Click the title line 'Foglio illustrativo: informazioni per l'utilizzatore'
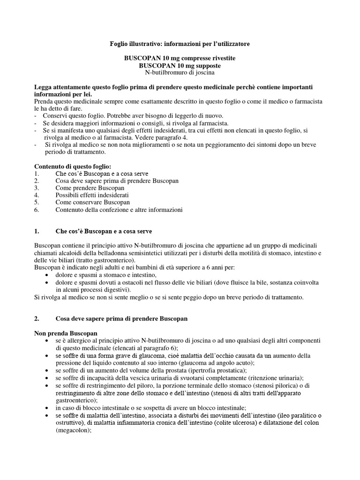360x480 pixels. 180,44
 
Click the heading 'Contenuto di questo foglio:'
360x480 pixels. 73,166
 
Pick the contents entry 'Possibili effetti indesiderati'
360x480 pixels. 92,195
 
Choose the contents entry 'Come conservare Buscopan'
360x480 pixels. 92,202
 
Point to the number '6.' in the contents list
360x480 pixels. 37,210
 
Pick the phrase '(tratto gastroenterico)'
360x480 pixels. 103,260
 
